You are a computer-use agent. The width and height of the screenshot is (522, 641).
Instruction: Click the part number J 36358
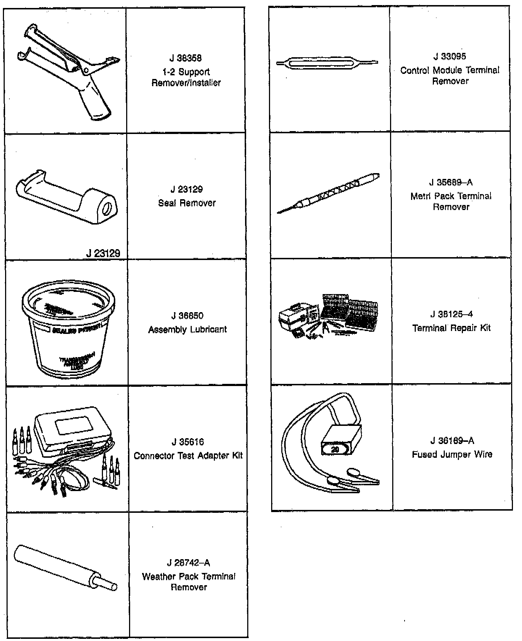(186, 58)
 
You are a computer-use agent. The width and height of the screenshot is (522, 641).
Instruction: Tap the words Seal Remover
(187, 203)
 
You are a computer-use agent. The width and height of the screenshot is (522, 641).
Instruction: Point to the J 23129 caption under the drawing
(103, 253)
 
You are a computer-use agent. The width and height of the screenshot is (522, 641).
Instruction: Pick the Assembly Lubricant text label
(187, 330)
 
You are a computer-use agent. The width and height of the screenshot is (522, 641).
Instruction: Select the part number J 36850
(187, 316)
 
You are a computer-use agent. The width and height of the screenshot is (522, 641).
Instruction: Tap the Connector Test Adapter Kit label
(188, 456)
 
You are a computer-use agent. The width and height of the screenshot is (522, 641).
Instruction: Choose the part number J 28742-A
(188, 562)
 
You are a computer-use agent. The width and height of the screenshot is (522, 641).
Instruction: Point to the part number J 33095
(449, 56)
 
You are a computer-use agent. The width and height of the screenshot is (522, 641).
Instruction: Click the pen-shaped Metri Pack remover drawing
(328, 193)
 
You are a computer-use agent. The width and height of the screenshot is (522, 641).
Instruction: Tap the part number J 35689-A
(451, 183)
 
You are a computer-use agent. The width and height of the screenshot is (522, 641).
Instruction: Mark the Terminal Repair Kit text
(451, 328)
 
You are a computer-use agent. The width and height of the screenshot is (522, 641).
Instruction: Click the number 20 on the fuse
(335, 449)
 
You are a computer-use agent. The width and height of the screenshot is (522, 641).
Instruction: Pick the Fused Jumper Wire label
(452, 454)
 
